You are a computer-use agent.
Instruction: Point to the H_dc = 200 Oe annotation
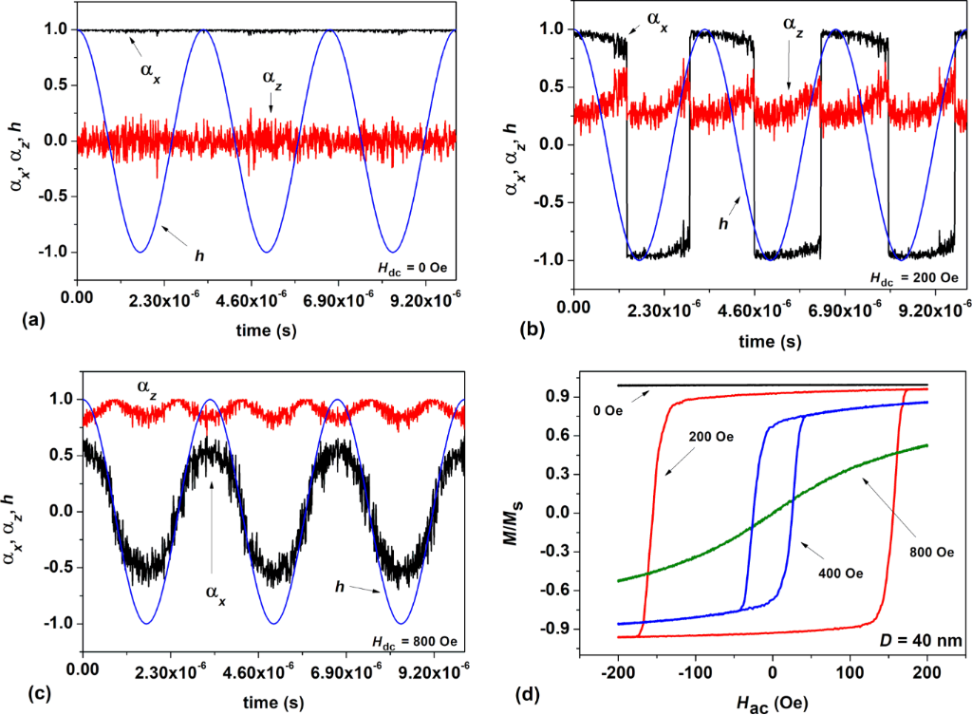tap(915, 278)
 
